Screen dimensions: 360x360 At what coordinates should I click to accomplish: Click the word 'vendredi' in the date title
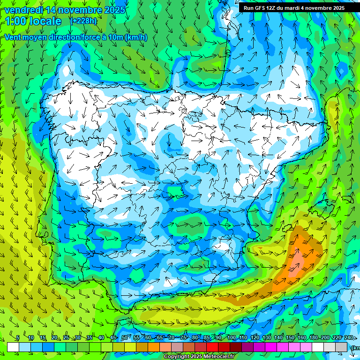point(20,10)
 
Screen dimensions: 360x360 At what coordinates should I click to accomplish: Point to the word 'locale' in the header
point(46,21)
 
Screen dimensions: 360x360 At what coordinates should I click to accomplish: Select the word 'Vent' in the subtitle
point(14,37)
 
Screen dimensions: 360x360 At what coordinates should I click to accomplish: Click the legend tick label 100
point(231,338)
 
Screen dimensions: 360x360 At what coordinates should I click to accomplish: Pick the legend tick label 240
point(348,338)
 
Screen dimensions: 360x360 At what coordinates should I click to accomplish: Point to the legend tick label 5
point(18,338)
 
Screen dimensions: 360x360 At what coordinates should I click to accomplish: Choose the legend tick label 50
point(124,338)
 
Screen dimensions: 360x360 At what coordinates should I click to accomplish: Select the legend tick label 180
point(313,338)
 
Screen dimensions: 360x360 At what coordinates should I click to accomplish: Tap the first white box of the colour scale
point(13,347)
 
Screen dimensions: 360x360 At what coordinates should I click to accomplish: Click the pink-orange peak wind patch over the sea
point(299,257)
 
